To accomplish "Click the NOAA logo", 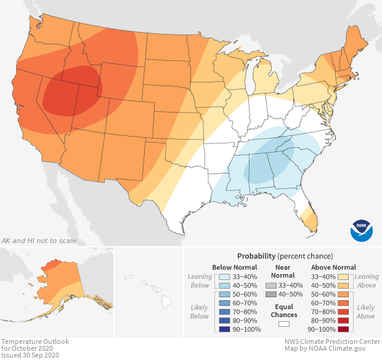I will click(362, 230).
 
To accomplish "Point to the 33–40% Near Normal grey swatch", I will click(270, 286).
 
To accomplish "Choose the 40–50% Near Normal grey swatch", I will click(270, 295).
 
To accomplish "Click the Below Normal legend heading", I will click(234, 267).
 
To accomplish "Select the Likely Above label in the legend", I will click(366, 311).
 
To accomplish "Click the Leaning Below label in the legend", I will click(200, 281).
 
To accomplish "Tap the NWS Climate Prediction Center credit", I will click(331, 342).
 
